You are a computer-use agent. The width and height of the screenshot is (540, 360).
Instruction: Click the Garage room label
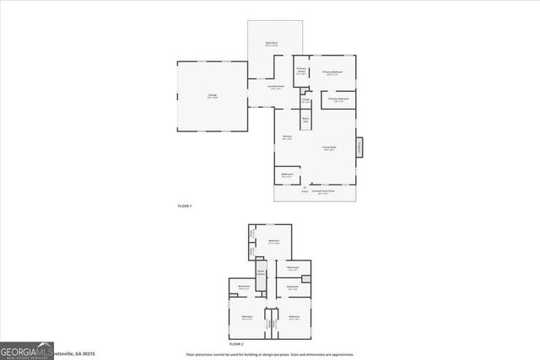pos(212,96)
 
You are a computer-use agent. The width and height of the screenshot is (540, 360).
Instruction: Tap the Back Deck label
pos(272,44)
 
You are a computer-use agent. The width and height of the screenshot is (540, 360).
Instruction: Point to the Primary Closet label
pos(300,71)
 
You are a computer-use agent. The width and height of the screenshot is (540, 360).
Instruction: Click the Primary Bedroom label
pos(332,73)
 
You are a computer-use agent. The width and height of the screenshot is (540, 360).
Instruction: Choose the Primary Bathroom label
pos(338,99)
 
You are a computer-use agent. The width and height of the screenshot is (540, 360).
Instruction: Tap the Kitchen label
pos(287,138)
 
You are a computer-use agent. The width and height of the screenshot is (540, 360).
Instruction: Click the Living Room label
pos(328,149)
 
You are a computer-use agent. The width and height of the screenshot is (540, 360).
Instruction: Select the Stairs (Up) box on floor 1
pos(305,121)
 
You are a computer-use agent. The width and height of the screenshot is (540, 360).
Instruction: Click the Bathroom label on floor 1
pos(287,176)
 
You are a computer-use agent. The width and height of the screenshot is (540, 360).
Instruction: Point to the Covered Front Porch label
pos(323,191)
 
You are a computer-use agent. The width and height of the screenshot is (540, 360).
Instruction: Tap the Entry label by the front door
pos(305,191)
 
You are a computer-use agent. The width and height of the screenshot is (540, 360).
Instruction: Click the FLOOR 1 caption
pos(185,206)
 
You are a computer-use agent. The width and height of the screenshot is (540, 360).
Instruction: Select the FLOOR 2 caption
pos(235,345)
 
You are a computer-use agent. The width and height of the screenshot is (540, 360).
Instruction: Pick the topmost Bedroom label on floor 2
pos(273,242)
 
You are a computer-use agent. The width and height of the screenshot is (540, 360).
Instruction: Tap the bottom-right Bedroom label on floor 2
pos(294,318)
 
